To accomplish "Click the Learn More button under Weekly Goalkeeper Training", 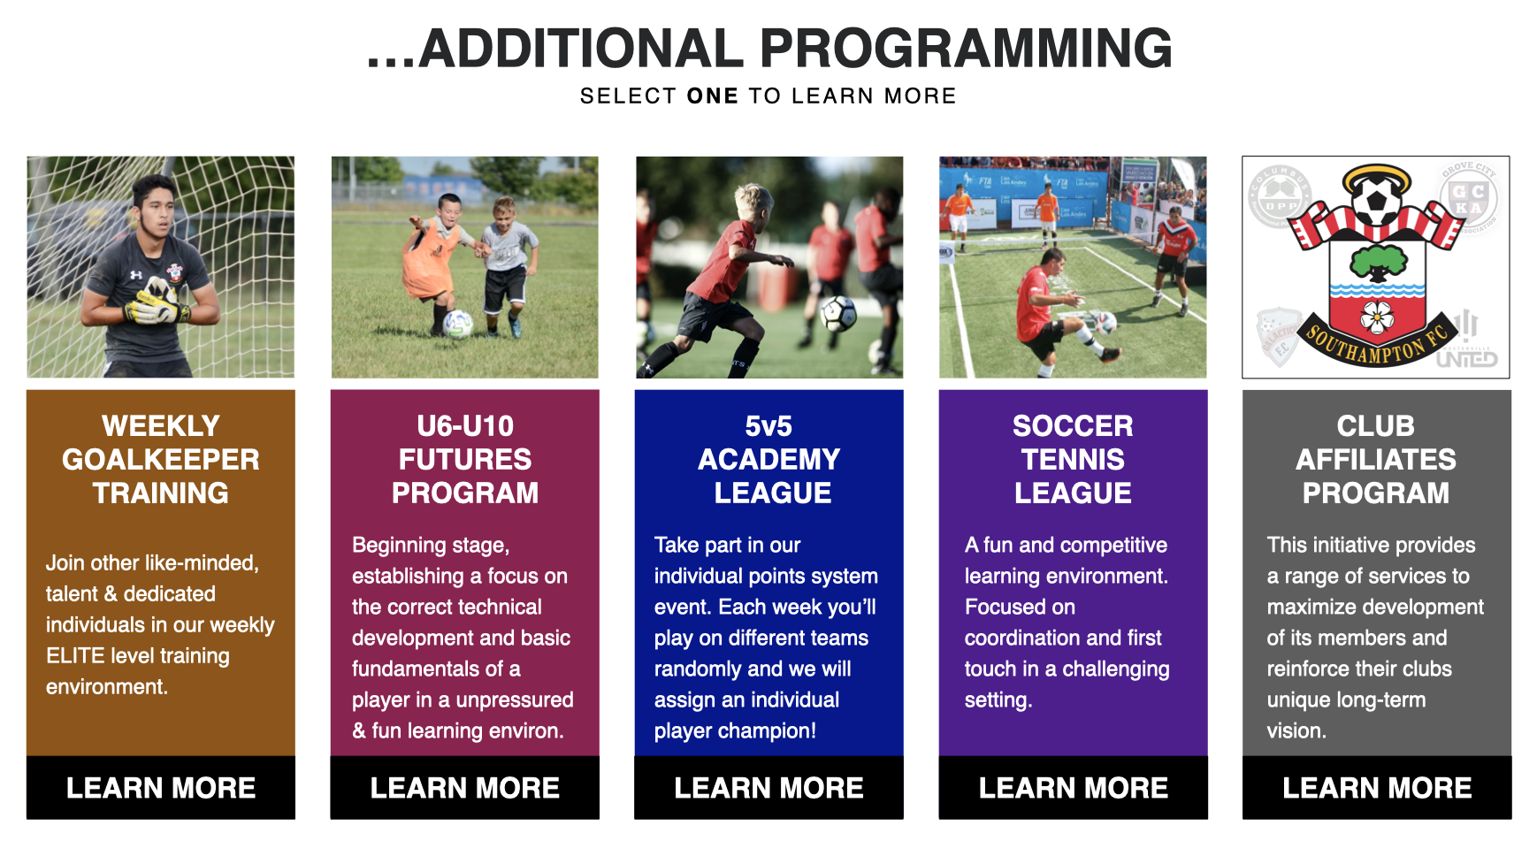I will tap(160, 787).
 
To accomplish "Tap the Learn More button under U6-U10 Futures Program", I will tap(464, 787).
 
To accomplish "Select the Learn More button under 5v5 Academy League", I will tap(768, 787).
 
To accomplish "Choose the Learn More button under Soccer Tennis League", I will tap(1073, 787).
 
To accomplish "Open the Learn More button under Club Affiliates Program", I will tap(1377, 787).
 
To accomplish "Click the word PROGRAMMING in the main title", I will tap(966, 49).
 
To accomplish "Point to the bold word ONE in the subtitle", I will tap(712, 96).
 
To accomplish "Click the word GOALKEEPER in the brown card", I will tap(160, 459).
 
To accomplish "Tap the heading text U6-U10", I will tap(464, 425).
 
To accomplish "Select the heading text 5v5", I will tap(768, 425).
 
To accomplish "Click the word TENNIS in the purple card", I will tap(1073, 459).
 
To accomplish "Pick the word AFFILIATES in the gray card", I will tap(1376, 459).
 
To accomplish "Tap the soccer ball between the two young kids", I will tap(457, 324).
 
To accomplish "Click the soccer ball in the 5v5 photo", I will tap(837, 312).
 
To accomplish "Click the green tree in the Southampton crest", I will tap(1378, 262).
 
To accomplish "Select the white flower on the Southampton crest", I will tap(1377, 316).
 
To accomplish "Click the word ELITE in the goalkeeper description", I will tap(75, 655).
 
